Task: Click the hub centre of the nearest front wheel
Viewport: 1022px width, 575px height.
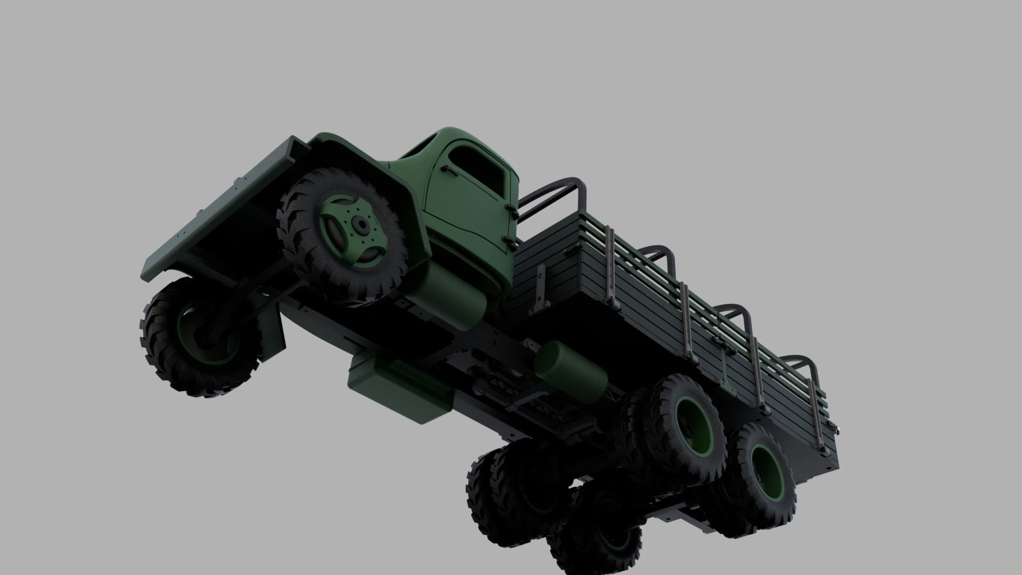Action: pyautogui.click(x=361, y=226)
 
